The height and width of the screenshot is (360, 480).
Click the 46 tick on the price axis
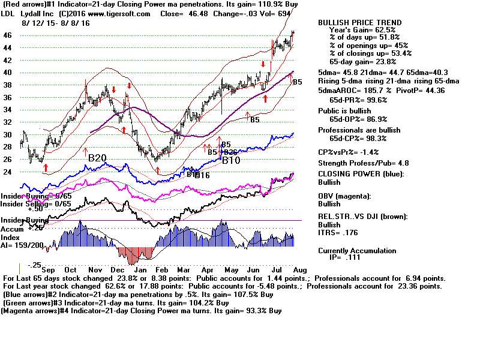point(7,35)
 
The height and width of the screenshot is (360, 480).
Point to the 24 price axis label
point(7,172)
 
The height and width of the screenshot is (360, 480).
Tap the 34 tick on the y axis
point(7,110)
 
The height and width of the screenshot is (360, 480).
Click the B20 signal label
point(97,158)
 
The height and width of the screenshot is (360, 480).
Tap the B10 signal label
point(231,160)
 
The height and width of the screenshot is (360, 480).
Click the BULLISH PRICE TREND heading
point(360,23)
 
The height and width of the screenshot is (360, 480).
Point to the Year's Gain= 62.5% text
point(362,30)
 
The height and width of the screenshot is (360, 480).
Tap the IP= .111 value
point(353,258)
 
